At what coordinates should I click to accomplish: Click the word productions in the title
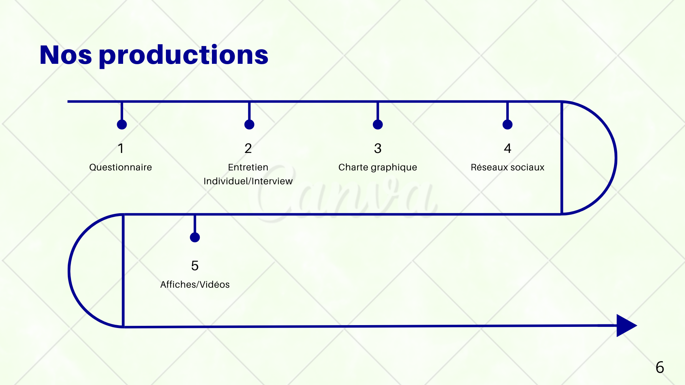[183, 56]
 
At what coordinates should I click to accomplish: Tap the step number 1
[121, 148]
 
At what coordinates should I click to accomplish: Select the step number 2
[248, 148]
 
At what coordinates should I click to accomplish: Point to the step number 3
[378, 148]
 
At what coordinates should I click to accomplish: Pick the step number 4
[508, 148]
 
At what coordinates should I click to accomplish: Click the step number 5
[195, 266]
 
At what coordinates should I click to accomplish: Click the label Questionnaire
[121, 167]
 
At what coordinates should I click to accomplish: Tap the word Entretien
[248, 167]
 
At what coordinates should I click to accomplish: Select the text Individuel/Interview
[248, 181]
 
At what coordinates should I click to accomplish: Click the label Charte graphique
[378, 167]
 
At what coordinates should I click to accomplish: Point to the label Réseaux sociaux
[507, 167]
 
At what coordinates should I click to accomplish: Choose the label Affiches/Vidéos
[195, 284]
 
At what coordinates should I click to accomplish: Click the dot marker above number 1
[122, 124]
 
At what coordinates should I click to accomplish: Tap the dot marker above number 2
[249, 124]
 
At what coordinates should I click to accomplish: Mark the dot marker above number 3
[378, 124]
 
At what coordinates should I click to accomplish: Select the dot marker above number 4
[508, 124]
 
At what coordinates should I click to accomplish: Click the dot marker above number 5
[195, 237]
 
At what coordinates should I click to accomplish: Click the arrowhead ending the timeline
[625, 325]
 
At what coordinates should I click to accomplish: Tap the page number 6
[660, 368]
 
